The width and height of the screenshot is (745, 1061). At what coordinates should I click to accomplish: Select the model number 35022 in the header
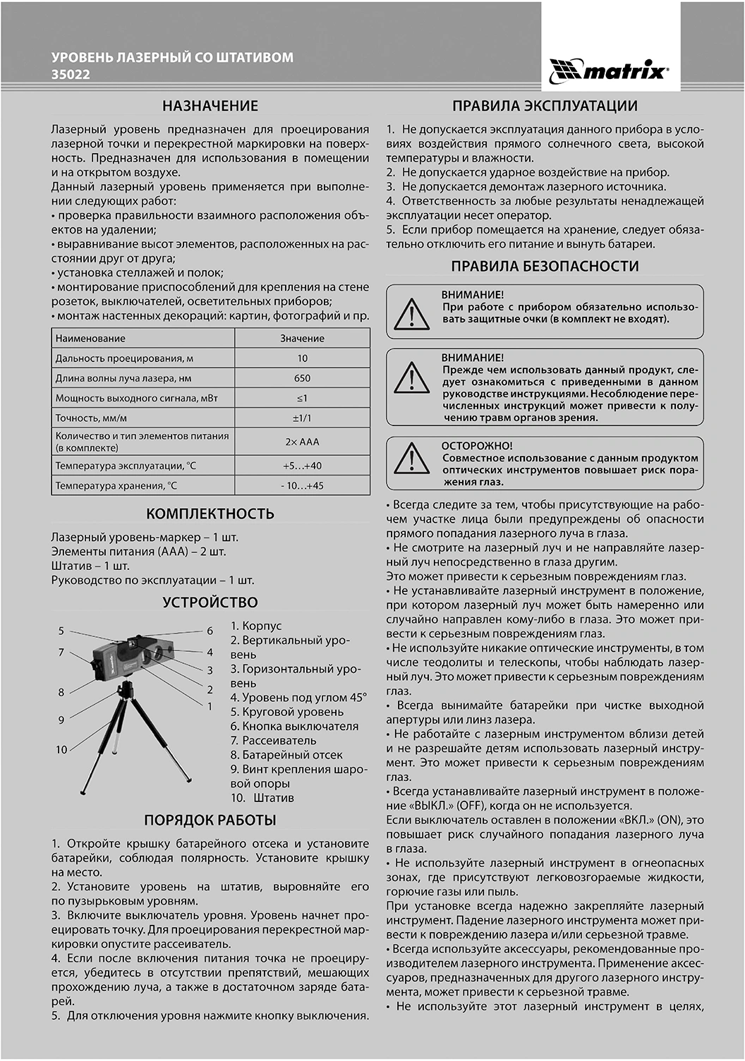(x=71, y=74)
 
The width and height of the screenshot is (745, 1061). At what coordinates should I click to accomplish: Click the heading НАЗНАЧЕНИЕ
(x=210, y=106)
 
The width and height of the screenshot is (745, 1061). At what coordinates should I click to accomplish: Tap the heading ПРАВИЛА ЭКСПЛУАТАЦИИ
(x=545, y=106)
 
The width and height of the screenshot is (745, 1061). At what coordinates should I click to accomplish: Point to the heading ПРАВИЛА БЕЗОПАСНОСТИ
(x=545, y=266)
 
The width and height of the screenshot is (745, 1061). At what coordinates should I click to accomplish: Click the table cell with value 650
(x=302, y=378)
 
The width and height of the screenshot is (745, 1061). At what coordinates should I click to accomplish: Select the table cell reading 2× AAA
(x=302, y=442)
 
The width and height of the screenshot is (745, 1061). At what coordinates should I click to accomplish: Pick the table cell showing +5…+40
(x=302, y=466)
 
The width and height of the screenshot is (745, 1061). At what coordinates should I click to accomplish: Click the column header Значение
(x=302, y=339)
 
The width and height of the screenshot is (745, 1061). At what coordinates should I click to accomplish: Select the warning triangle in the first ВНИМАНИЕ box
(x=412, y=313)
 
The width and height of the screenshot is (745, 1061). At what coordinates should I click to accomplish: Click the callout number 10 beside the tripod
(x=61, y=749)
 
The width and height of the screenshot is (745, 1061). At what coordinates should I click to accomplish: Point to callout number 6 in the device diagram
(x=210, y=631)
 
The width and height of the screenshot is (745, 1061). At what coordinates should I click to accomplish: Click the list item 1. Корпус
(x=256, y=626)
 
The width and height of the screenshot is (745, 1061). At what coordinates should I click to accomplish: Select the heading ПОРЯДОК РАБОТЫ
(x=210, y=820)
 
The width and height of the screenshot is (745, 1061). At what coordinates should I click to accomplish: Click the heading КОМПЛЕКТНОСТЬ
(x=210, y=514)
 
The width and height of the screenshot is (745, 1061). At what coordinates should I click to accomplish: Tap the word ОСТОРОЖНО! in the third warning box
(x=477, y=446)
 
